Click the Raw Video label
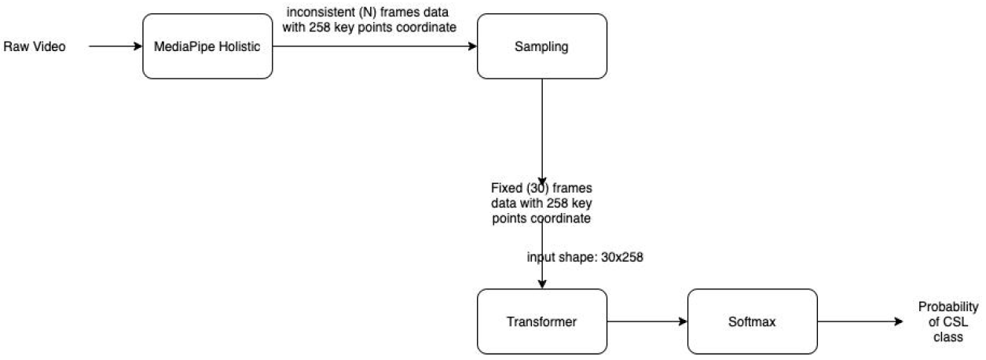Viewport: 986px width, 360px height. point(35,47)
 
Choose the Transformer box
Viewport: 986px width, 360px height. point(542,321)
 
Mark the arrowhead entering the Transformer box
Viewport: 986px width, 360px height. point(542,284)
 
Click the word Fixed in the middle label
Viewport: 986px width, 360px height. point(501,189)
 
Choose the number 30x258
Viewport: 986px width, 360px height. point(620,256)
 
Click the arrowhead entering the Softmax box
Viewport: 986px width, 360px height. point(683,321)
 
